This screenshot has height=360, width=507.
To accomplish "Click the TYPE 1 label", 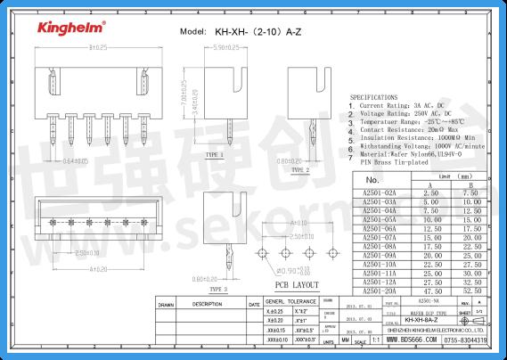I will point(214,155).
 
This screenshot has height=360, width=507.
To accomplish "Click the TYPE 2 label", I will point(299,169).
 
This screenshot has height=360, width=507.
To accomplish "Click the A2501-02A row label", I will point(379,192).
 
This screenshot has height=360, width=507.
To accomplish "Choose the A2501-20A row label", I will point(379,290).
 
